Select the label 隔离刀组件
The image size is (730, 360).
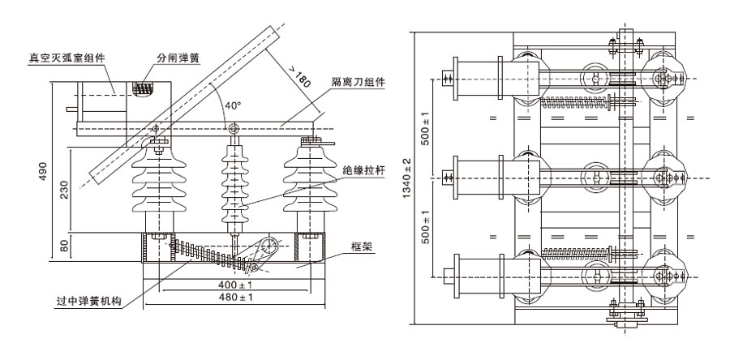point(358,82)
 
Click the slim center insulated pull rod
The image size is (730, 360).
point(234,186)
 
